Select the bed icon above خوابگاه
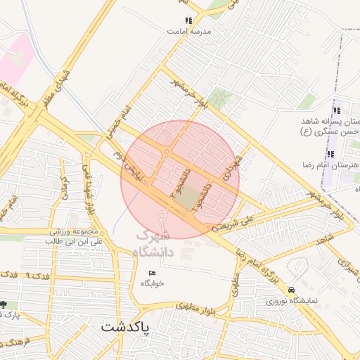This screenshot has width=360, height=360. click(151, 273)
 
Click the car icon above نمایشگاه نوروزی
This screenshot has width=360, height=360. click(291, 290)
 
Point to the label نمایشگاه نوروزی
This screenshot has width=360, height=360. click(291, 300)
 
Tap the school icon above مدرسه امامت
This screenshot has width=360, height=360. click(188, 21)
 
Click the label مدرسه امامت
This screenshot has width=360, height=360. click(188, 32)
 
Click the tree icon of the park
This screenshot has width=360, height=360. click(4, 304)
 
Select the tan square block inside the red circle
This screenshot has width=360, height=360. click(187, 199)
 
